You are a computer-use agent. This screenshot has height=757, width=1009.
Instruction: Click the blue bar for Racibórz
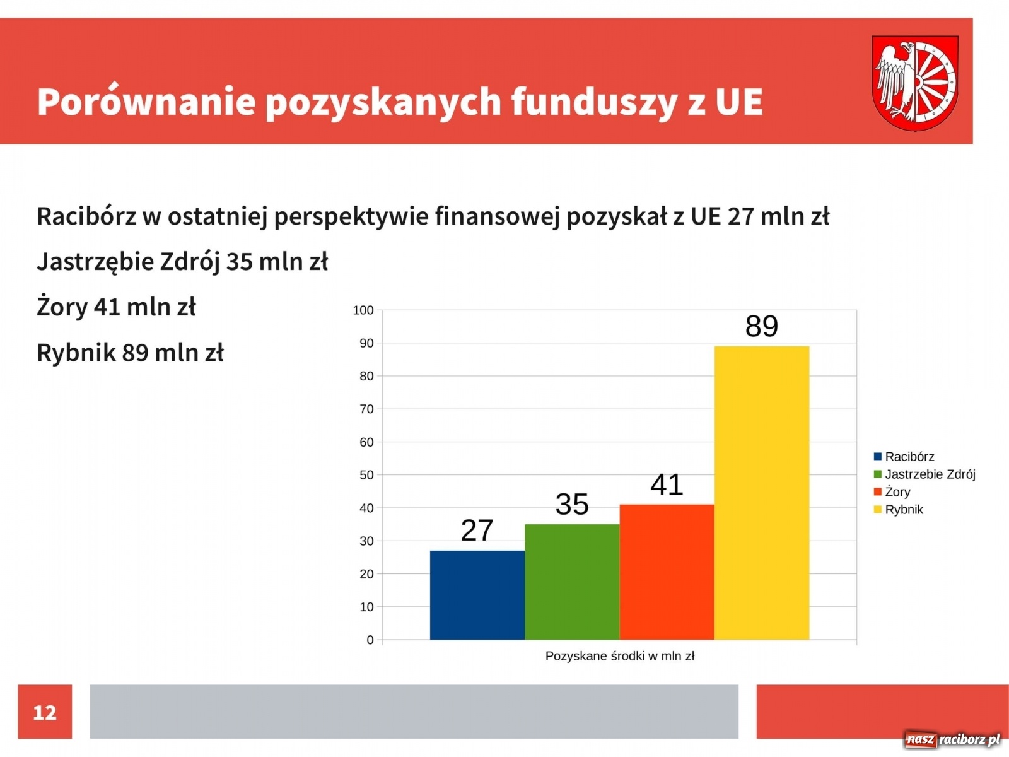pos(477,595)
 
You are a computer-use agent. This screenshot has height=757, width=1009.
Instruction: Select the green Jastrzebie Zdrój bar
pos(572,582)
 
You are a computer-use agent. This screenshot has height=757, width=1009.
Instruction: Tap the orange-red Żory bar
pos(667,572)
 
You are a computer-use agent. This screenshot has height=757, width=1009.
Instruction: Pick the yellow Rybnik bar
pos(761,492)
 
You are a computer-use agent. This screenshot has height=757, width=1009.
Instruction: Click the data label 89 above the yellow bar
pos(761,326)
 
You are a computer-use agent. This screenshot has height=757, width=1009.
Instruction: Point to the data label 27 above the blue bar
pos(477,531)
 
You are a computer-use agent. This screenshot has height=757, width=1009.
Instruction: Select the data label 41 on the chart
pos(667,484)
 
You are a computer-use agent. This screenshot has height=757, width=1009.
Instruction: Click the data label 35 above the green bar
pos(572,504)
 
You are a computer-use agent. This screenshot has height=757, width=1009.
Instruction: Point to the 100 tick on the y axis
pos(363,310)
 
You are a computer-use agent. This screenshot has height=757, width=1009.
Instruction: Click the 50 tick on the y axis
pos(366,475)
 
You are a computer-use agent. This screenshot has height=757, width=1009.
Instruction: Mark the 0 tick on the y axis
pos(370,640)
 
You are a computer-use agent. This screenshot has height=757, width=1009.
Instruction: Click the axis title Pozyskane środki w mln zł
pos(619,656)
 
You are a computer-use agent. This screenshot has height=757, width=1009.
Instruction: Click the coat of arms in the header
pos(914,83)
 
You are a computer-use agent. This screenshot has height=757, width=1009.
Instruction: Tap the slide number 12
pos(45,712)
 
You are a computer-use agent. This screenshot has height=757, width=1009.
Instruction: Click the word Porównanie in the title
pos(146,101)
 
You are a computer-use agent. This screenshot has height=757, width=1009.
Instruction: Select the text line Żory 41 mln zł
pos(116,307)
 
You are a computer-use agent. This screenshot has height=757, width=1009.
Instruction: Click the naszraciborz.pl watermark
pos(952,739)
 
